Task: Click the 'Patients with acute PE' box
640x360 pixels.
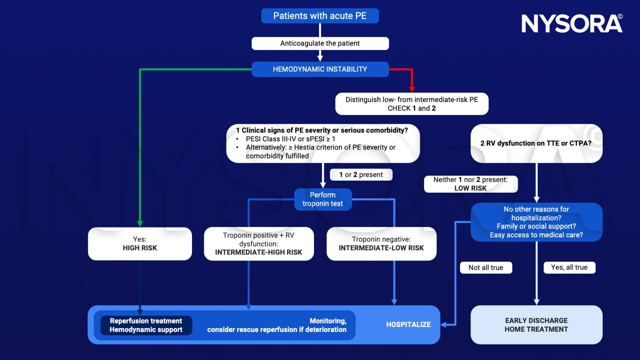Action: pyautogui.click(x=320, y=16)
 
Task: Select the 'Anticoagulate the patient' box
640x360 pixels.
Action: pyautogui.click(x=320, y=43)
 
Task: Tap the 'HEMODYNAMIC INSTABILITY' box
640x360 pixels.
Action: pyautogui.click(x=320, y=69)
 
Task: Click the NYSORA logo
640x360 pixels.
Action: pyautogui.click(x=571, y=24)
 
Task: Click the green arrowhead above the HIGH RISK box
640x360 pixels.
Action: pyautogui.click(x=140, y=224)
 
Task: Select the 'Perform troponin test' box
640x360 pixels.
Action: pyautogui.click(x=322, y=199)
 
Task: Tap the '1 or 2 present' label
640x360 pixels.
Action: pyautogui.click(x=361, y=175)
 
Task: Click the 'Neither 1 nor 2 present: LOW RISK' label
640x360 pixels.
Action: pyautogui.click(x=470, y=184)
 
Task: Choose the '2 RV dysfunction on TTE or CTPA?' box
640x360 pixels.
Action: pyautogui.click(x=536, y=143)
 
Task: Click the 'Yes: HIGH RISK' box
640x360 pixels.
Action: pyautogui.click(x=140, y=244)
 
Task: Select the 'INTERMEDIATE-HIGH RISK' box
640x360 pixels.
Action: pyautogui.click(x=258, y=244)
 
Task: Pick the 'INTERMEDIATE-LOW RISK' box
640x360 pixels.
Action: pyautogui.click(x=381, y=244)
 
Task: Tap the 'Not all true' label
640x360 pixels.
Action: pyautogui.click(x=486, y=268)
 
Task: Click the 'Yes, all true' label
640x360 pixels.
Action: pyautogui.click(x=569, y=267)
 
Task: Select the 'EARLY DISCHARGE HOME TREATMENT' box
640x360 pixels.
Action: pyautogui.click(x=536, y=325)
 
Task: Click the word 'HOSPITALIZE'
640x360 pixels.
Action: pyautogui.click(x=408, y=324)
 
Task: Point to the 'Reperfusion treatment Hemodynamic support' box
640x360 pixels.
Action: pyautogui.click(x=146, y=325)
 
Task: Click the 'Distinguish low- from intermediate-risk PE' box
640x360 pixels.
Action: pyautogui.click(x=411, y=104)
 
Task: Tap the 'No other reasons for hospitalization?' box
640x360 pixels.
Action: pyautogui.click(x=536, y=222)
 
